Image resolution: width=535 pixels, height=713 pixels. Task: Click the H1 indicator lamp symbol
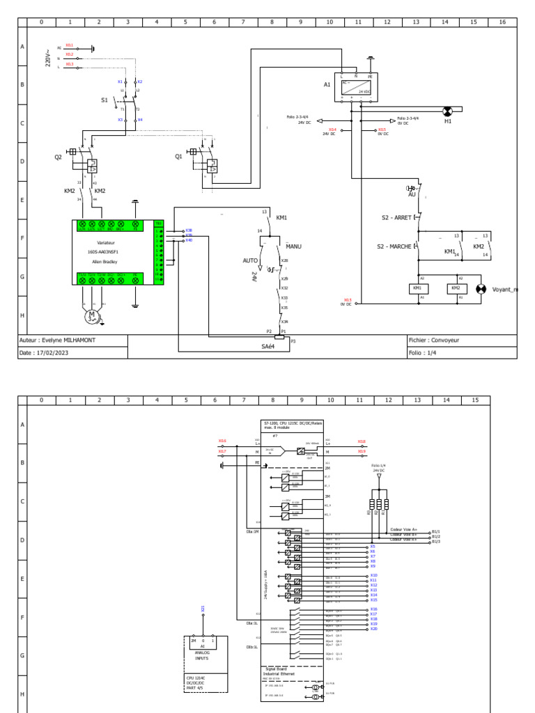[x=448, y=111]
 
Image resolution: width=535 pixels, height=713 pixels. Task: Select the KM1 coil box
[x=417, y=288]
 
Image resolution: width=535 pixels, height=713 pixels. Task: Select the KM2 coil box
[x=456, y=288]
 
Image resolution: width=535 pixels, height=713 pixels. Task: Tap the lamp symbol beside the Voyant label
[x=480, y=289]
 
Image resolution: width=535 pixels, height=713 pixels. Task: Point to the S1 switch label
[x=104, y=100]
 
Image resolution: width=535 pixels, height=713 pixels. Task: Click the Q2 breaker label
[x=59, y=157]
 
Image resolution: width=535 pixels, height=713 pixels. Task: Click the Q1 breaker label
[x=179, y=157]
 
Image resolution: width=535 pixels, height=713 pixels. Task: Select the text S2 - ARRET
[x=396, y=218]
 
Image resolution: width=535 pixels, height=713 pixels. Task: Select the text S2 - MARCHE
[x=395, y=247]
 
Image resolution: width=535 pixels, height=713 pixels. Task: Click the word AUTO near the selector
[x=250, y=260]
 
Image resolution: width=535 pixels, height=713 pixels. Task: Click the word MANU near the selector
[x=293, y=246]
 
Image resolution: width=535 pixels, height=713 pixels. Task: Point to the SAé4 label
[x=269, y=346]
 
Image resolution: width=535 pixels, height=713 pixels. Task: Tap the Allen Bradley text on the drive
[x=102, y=263]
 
